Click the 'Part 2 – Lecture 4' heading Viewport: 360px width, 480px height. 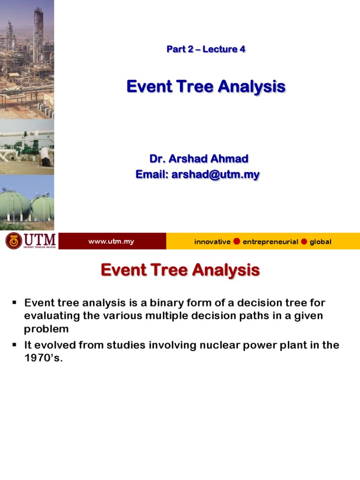coord(206,49)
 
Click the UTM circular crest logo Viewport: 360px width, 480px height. coord(14,241)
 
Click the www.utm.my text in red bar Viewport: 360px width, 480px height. coord(111,241)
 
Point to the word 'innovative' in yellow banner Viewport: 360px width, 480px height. coord(212,242)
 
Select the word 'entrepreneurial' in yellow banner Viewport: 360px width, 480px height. coord(270,242)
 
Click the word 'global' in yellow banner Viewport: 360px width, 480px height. coord(320,242)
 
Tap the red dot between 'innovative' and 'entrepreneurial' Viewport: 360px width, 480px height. coord(237,241)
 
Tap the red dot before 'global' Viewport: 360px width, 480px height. coord(304,241)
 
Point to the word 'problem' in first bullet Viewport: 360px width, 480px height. coord(46,329)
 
